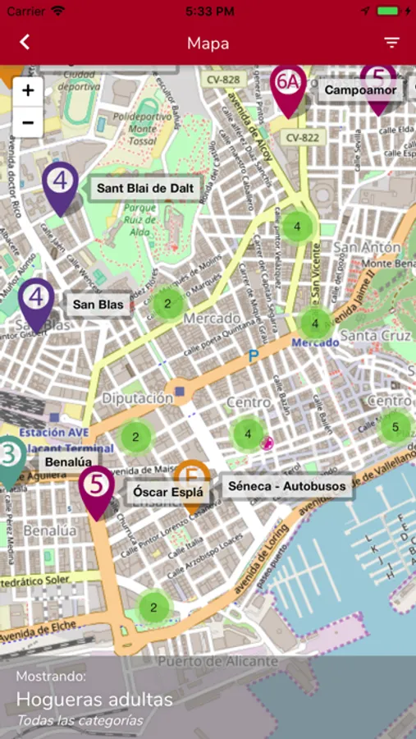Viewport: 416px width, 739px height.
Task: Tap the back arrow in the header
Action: (25, 43)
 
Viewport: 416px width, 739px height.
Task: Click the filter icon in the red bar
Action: (391, 43)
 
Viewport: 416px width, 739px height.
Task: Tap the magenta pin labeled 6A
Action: (287, 85)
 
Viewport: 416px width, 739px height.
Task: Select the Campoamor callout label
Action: (360, 90)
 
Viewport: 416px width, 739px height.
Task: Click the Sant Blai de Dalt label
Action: (144, 189)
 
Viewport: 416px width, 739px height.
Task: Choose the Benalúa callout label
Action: (68, 462)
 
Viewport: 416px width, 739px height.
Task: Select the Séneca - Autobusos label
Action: (287, 486)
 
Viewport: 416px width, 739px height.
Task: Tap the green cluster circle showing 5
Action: (395, 427)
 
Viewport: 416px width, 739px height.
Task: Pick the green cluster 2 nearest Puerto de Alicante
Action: (153, 608)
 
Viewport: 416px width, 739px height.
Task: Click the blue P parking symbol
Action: (254, 356)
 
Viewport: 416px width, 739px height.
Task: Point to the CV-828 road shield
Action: (223, 80)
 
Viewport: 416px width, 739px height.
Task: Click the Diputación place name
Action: (137, 398)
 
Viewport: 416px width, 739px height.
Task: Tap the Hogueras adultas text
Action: (94, 700)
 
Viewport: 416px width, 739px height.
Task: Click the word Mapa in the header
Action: (208, 43)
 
